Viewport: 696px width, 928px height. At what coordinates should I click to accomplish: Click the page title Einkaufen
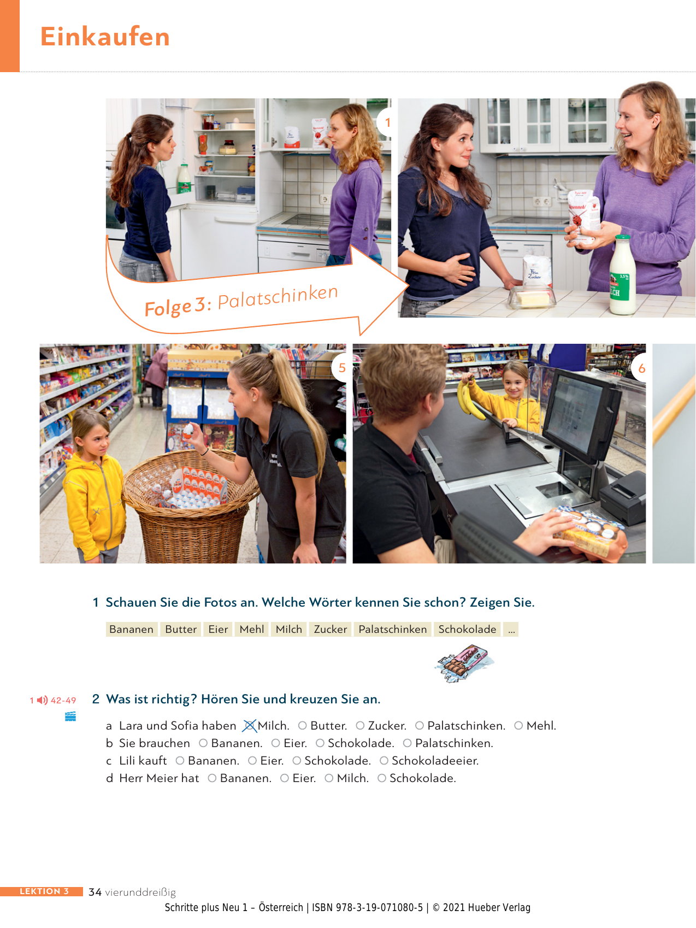pyautogui.click(x=105, y=37)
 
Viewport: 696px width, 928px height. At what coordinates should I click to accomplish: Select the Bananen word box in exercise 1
pyautogui.click(x=131, y=629)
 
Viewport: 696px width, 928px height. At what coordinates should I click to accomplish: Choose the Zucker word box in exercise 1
pyautogui.click(x=331, y=629)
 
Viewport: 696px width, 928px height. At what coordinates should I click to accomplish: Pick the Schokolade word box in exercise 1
pyautogui.click(x=467, y=629)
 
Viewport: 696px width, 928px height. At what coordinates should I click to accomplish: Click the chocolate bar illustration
pyautogui.click(x=464, y=663)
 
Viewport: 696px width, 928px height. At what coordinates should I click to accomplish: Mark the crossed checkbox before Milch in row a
pyautogui.click(x=249, y=726)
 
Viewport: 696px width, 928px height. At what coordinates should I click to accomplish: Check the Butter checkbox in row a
pyautogui.click(x=302, y=726)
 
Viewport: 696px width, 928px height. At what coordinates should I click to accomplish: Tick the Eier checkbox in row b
pyautogui.click(x=275, y=743)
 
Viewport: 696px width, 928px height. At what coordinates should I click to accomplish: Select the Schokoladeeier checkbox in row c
pyautogui.click(x=384, y=761)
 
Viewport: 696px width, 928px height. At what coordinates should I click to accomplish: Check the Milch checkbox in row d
pyautogui.click(x=329, y=778)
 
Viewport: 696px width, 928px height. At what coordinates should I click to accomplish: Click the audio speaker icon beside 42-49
pyautogui.click(x=42, y=700)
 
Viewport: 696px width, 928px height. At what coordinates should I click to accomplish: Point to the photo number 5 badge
pyautogui.click(x=343, y=368)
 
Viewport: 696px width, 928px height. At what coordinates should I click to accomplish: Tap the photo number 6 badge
pyautogui.click(x=640, y=368)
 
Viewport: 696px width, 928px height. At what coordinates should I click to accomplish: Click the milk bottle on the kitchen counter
pyautogui.click(x=622, y=275)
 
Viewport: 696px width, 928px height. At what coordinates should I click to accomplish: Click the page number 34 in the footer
pyautogui.click(x=95, y=892)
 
